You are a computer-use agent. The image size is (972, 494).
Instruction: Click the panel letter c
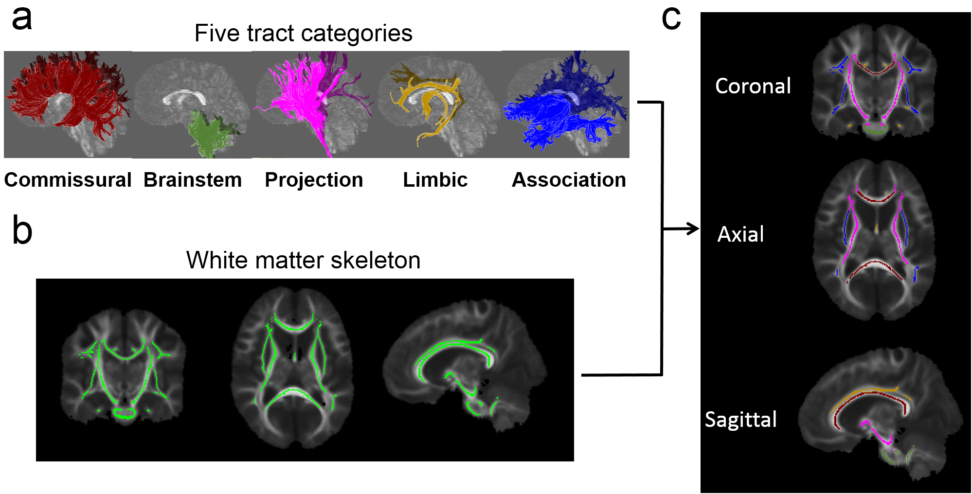click(x=671, y=18)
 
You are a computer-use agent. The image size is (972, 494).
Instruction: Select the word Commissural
click(x=68, y=180)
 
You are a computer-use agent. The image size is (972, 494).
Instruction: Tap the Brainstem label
click(x=193, y=180)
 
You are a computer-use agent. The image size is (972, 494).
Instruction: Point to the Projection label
click(x=314, y=180)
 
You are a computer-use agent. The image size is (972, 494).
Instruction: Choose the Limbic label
click(x=435, y=180)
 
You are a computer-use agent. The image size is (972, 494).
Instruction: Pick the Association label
click(x=569, y=180)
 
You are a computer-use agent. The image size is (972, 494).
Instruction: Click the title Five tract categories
click(x=303, y=33)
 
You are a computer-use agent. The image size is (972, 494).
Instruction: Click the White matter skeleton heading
click(x=303, y=260)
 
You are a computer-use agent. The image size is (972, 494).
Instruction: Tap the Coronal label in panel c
click(x=753, y=86)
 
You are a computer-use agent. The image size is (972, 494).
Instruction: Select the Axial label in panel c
click(x=740, y=234)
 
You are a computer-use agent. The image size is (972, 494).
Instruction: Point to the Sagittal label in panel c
click(x=740, y=420)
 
